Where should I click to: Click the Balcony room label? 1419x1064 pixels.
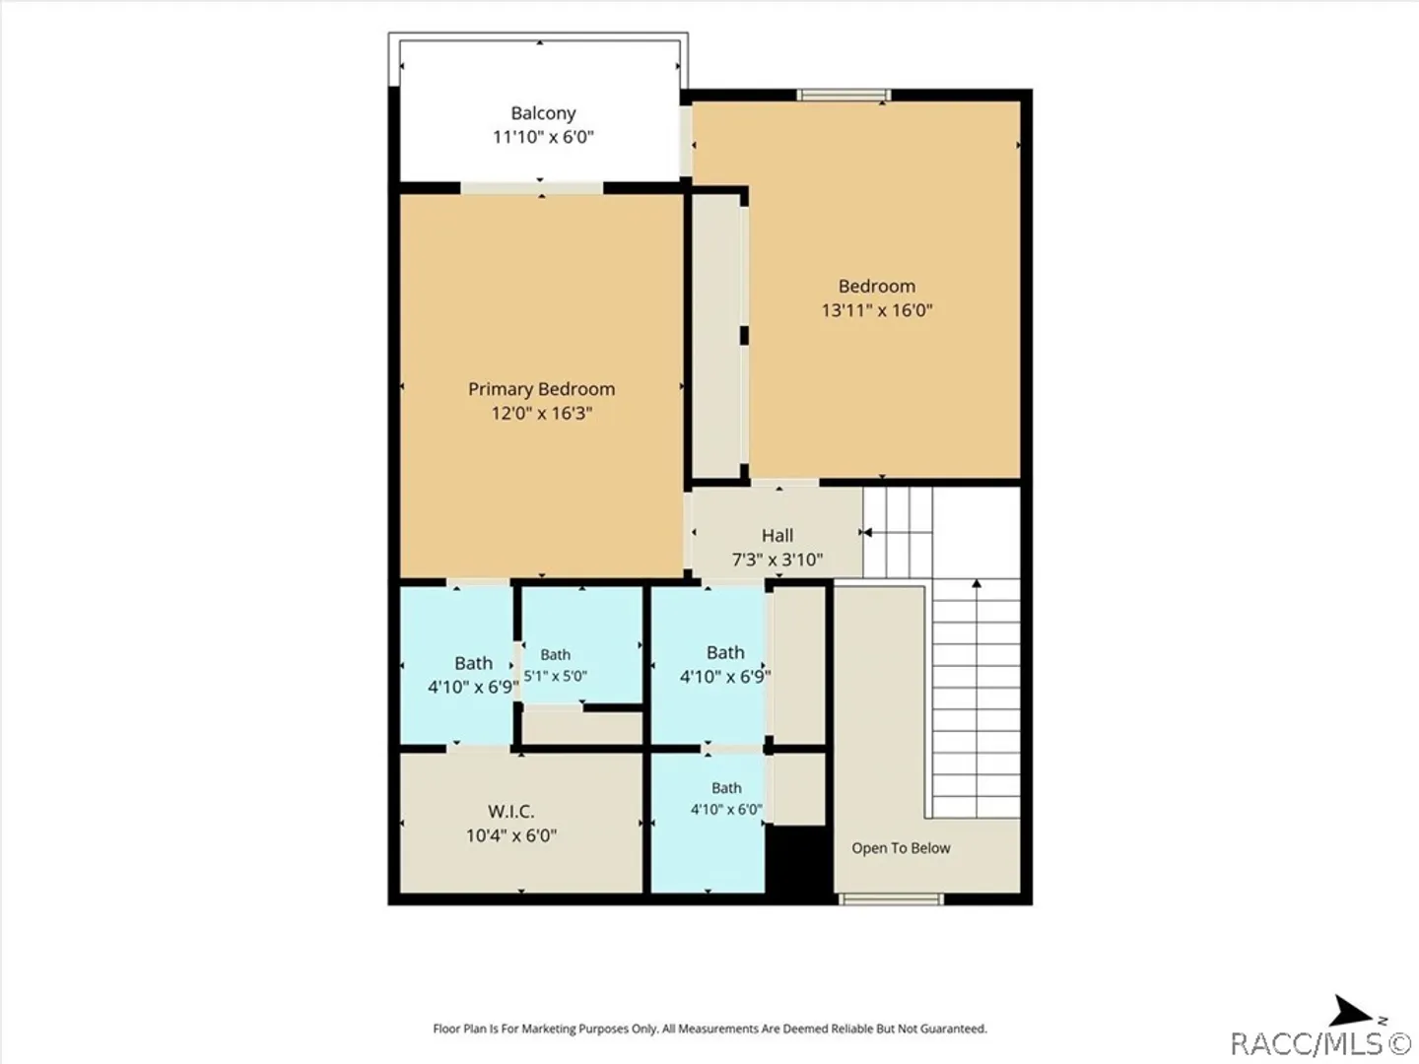click(543, 113)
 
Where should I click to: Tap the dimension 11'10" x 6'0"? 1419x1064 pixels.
click(543, 137)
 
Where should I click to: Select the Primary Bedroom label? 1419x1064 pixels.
click(542, 389)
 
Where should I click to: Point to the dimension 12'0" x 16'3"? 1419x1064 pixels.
click(542, 413)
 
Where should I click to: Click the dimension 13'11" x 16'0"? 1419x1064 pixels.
click(877, 310)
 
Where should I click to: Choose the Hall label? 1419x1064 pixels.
click(777, 536)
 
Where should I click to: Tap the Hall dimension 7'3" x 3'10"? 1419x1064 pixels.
click(777, 560)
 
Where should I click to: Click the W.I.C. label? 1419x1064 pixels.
click(510, 812)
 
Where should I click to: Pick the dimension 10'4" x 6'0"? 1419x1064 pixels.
click(510, 836)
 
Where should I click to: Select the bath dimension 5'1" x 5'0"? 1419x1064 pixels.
click(556, 677)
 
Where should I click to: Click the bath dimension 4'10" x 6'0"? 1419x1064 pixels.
click(726, 810)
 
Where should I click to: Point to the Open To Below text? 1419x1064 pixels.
click(901, 848)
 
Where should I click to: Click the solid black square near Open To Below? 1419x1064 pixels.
click(798, 860)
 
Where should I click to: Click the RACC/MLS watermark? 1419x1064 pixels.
click(1320, 1043)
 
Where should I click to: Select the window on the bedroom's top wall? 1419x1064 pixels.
click(844, 96)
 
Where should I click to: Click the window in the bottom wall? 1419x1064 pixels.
click(891, 898)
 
